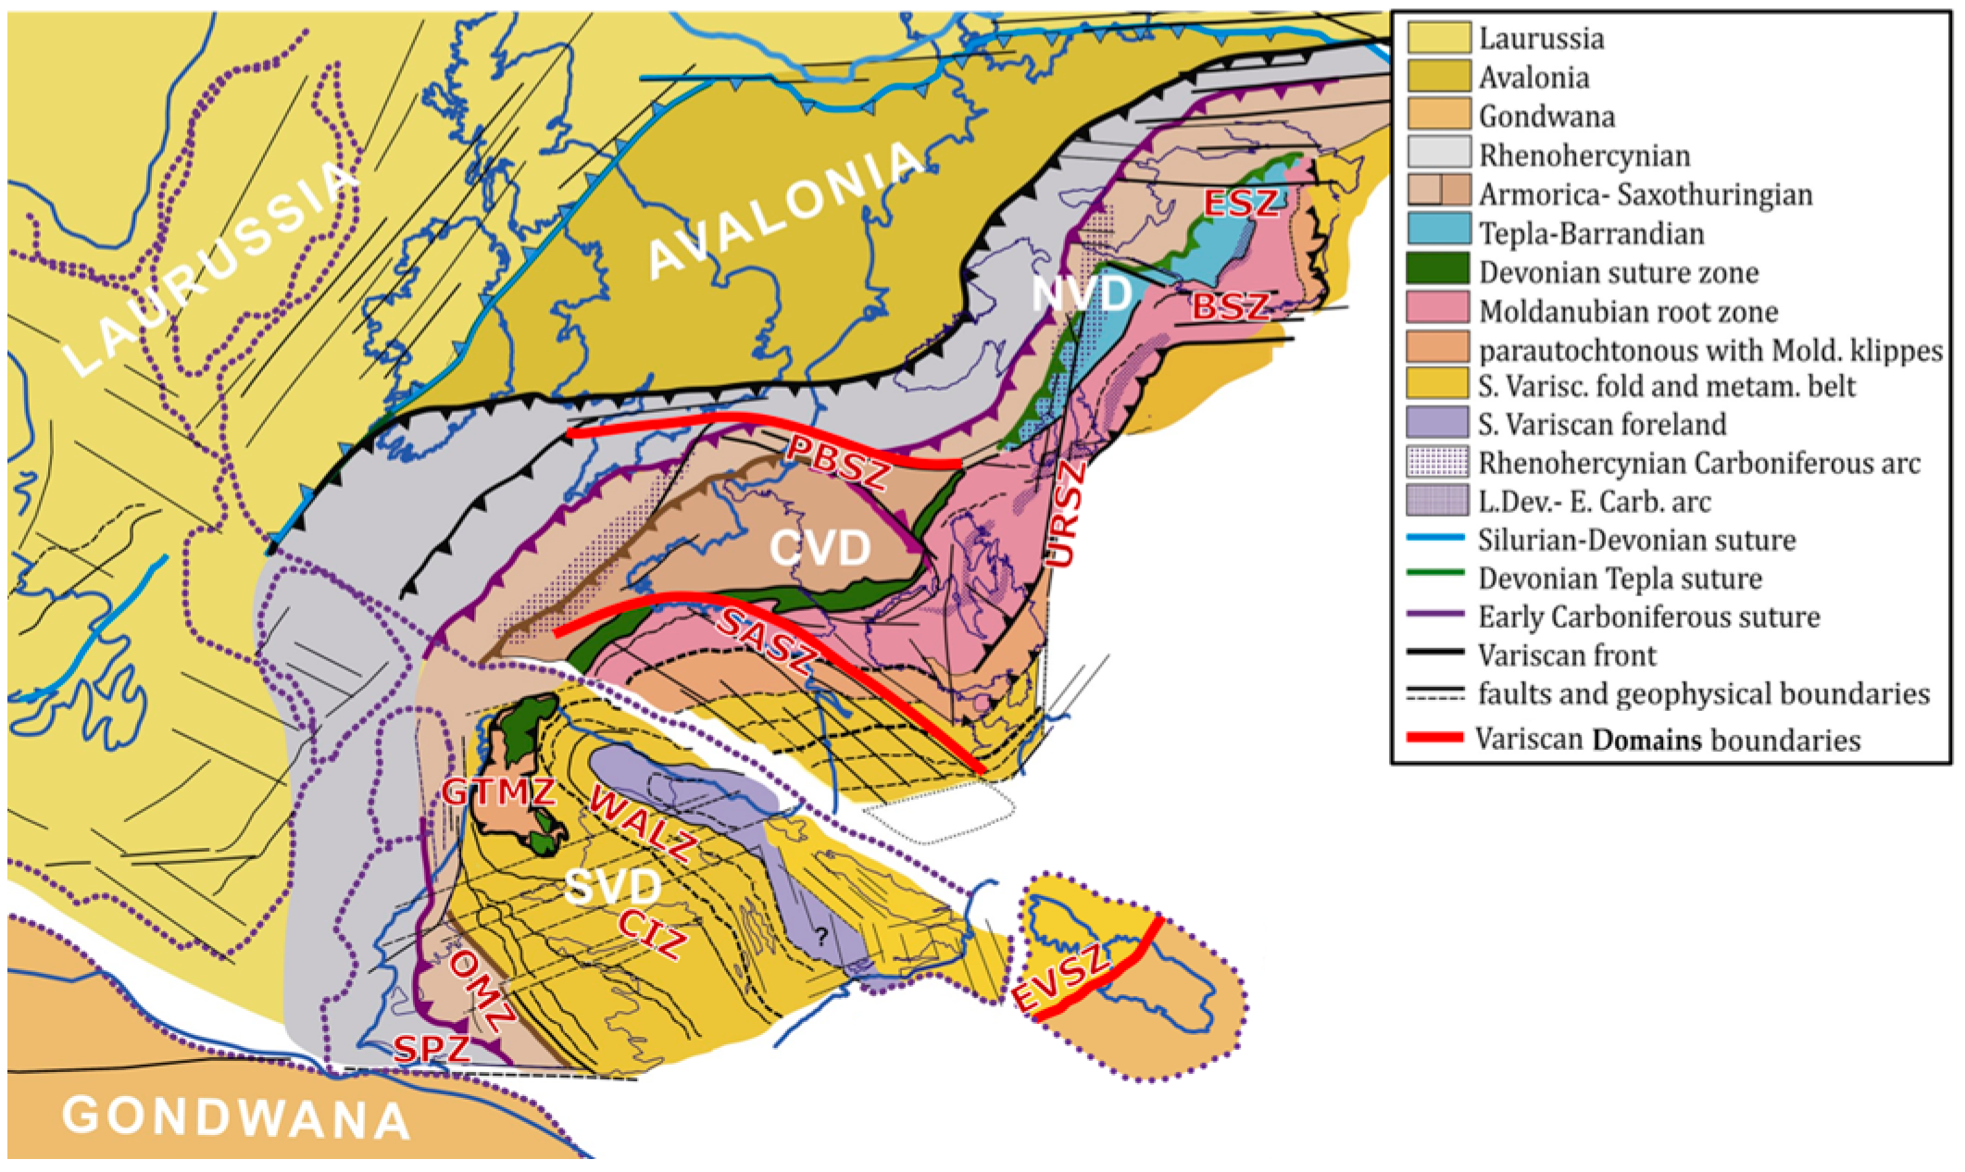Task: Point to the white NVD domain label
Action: pyautogui.click(x=1083, y=294)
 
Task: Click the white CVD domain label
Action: pyautogui.click(x=820, y=550)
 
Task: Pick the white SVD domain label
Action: pyautogui.click(x=612, y=890)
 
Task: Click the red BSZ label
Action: pyautogui.click(x=1230, y=306)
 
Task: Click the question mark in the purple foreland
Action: pyautogui.click(x=820, y=937)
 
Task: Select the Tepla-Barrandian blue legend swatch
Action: pyautogui.click(x=1438, y=231)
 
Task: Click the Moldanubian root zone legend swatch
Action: pyautogui.click(x=1438, y=309)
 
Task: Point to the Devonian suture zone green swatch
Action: pyautogui.click(x=1438, y=270)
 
